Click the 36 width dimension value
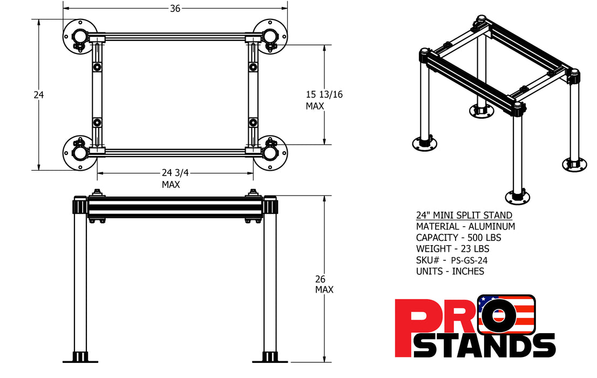tap(174, 8)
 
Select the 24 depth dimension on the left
tap(38, 95)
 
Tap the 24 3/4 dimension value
tap(175, 173)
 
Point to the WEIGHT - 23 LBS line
tap(452, 249)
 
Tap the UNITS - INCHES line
tap(450, 271)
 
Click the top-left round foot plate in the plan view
tap(79, 36)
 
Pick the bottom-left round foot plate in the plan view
tap(79, 153)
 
